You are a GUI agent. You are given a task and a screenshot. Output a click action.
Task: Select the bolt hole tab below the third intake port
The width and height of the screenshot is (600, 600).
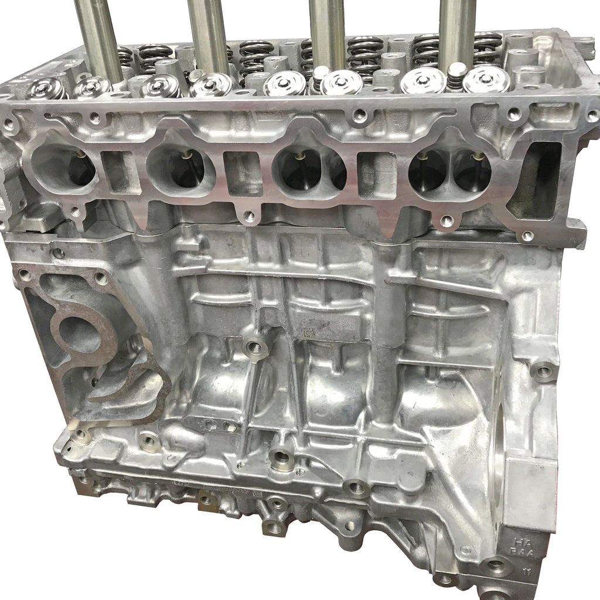point(250,216)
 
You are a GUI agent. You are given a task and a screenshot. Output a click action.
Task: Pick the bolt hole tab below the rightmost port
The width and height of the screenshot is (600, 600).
point(446,221)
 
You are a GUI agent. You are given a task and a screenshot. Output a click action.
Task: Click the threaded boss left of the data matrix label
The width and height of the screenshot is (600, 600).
point(255,348)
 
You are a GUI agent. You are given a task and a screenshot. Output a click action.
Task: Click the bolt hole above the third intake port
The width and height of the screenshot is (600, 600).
point(359,117)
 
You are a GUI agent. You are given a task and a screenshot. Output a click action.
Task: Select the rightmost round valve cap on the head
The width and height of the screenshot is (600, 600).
point(486,80)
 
